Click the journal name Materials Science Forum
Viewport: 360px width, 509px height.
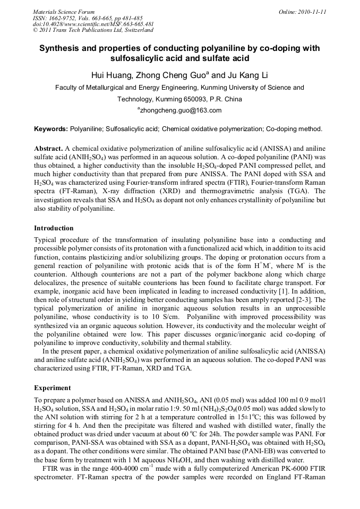(x=64, y=12)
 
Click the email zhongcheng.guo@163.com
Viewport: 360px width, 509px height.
(x=180, y=110)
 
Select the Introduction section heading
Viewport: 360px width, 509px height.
(x=54, y=228)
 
